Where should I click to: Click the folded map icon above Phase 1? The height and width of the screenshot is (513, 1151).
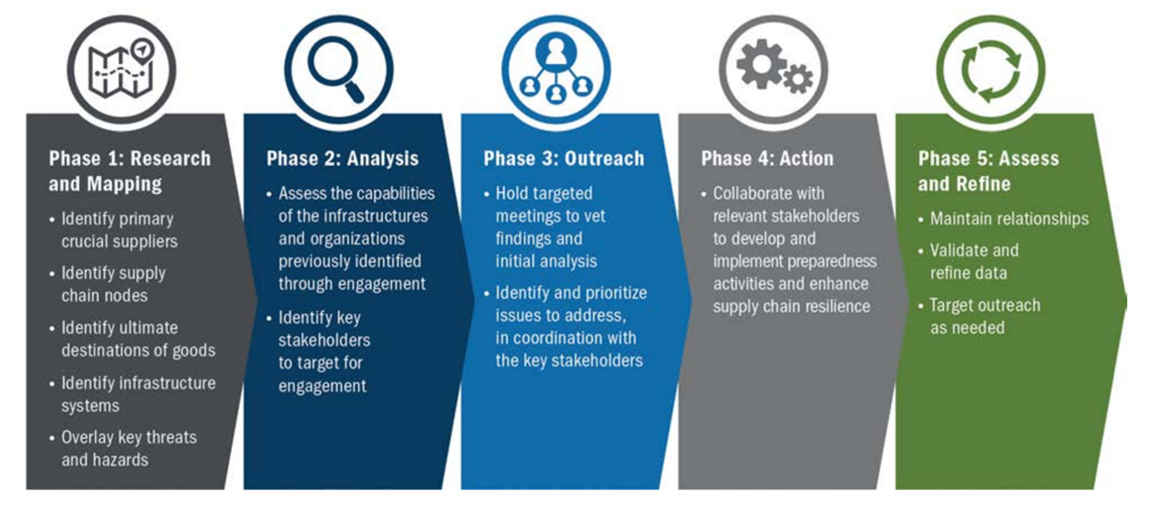[x=119, y=71]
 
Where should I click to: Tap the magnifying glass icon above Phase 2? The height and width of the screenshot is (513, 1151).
[x=336, y=68]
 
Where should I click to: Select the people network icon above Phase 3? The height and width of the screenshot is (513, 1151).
[x=555, y=70]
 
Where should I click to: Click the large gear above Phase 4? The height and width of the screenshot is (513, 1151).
[x=761, y=64]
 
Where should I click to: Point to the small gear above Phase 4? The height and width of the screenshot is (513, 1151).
[x=798, y=79]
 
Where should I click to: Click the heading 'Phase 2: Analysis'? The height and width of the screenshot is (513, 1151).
[x=342, y=158]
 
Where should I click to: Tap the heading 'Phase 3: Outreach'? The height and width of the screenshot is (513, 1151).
[x=564, y=158]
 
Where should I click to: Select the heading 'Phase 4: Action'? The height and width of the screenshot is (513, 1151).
[x=767, y=158]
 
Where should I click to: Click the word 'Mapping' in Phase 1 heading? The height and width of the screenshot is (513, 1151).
[x=125, y=184]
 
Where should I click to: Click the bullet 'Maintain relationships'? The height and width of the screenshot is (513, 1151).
[x=1009, y=219]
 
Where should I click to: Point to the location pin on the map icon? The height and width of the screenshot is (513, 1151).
[x=143, y=50]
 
